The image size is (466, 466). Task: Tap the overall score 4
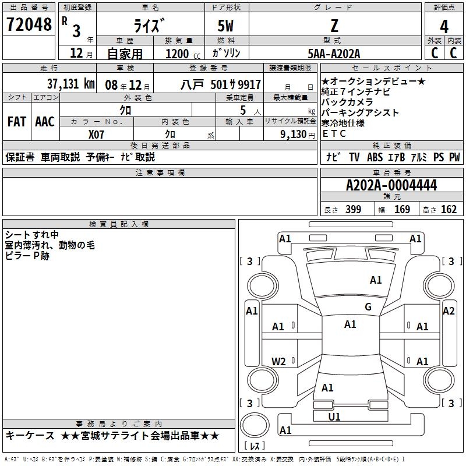pyautogui.click(x=444, y=26)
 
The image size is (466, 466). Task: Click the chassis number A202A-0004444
pyautogui.click(x=391, y=186)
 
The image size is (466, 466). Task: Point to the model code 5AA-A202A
pyautogui.click(x=334, y=54)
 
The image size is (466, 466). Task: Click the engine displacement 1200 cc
pyautogui.click(x=177, y=54)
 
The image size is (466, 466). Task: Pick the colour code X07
pyautogui.click(x=96, y=134)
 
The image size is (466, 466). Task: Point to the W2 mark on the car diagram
pyautogui.click(x=279, y=361)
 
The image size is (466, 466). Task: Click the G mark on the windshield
pyautogui.click(x=368, y=307)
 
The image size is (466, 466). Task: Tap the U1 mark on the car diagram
pyautogui.click(x=334, y=416)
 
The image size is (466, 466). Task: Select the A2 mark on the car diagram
pyautogui.click(x=448, y=311)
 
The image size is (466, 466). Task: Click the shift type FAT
pyautogui.click(x=16, y=122)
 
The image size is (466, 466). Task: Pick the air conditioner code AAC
pyautogui.click(x=44, y=122)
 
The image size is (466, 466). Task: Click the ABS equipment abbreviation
pyautogui.click(x=375, y=157)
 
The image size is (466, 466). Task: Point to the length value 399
pyautogui.click(x=353, y=210)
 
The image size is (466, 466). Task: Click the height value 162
pyautogui.click(x=449, y=210)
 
